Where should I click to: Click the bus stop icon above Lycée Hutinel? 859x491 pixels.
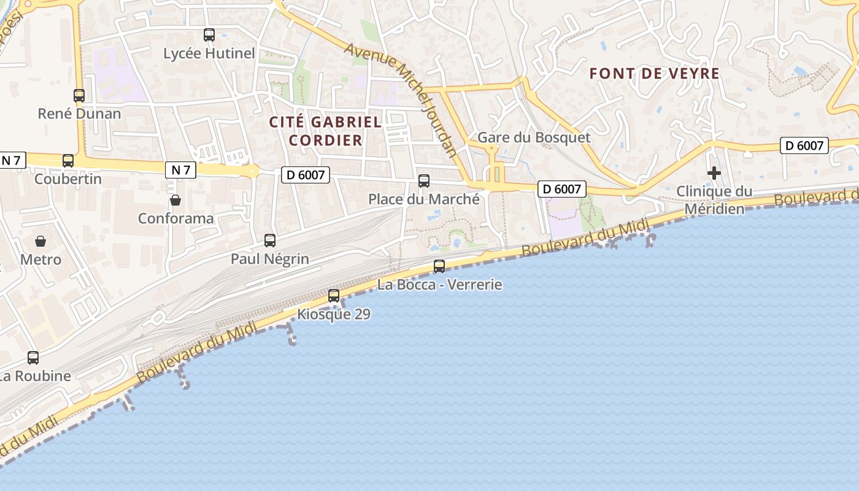pyautogui.click(x=209, y=35)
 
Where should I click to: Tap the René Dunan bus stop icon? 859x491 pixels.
pyautogui.click(x=79, y=96)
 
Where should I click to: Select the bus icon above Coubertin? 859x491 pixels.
pyautogui.click(x=68, y=161)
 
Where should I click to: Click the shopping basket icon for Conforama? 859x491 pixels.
pyautogui.click(x=175, y=200)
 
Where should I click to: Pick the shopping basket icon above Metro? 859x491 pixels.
pyautogui.click(x=40, y=241)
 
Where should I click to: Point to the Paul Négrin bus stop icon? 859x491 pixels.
pyautogui.click(x=270, y=241)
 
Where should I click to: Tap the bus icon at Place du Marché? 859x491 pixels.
pyautogui.click(x=424, y=181)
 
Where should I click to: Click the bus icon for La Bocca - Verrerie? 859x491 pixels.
pyautogui.click(x=439, y=266)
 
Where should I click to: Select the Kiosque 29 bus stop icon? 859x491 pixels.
pyautogui.click(x=334, y=296)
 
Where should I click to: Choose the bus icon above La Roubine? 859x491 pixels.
pyautogui.click(x=33, y=358)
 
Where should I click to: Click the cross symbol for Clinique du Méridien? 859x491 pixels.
pyautogui.click(x=714, y=174)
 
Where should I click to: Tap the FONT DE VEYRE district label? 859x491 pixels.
pyautogui.click(x=654, y=74)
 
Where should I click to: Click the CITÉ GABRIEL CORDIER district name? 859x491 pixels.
pyautogui.click(x=326, y=131)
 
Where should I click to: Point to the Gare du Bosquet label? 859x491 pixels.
pyautogui.click(x=534, y=137)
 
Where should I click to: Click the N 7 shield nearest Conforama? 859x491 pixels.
pyautogui.click(x=180, y=170)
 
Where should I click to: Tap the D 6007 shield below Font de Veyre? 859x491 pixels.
pyautogui.click(x=804, y=145)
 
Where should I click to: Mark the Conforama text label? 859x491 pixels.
pyautogui.click(x=176, y=218)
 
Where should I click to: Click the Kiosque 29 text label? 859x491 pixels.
pyautogui.click(x=334, y=314)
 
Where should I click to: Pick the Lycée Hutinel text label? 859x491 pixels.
pyautogui.click(x=209, y=53)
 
